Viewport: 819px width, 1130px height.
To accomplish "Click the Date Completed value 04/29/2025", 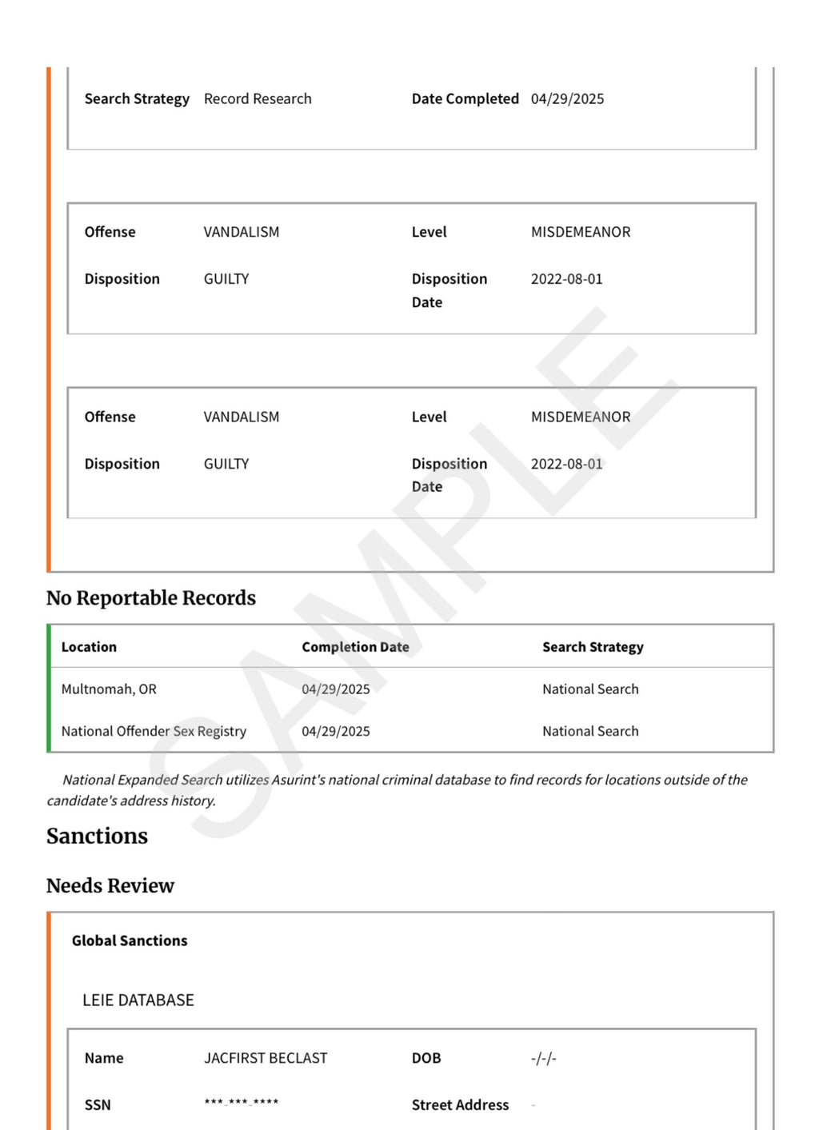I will [567, 99].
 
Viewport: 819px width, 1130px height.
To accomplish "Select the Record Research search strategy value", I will [258, 99].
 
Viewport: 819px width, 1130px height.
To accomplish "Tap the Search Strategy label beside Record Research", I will [137, 99].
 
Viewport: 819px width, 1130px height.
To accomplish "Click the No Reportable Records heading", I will [151, 598].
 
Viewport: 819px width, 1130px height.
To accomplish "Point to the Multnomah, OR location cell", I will [109, 689].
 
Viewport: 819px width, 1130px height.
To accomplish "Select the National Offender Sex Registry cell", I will [154, 731].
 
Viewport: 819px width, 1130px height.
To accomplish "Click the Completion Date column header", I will [355, 647].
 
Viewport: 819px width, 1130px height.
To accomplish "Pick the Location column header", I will [89, 647].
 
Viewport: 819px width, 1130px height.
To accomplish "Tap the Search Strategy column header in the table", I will [593, 647].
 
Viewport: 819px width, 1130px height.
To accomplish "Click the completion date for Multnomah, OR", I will [336, 689].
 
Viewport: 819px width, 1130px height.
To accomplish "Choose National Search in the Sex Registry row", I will [590, 731].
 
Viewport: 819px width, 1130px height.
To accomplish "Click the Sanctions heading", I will [97, 837].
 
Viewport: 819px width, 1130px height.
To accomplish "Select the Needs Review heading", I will [110, 886].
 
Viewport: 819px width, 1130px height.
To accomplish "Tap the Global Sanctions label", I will [130, 941].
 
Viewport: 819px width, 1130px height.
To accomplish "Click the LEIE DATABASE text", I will [138, 1000].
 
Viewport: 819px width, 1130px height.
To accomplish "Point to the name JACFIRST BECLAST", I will [266, 1058].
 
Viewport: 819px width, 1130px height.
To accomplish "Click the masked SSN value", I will [242, 1104].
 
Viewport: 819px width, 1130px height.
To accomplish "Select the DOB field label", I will [426, 1058].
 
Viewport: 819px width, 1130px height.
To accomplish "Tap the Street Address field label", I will [460, 1105].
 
